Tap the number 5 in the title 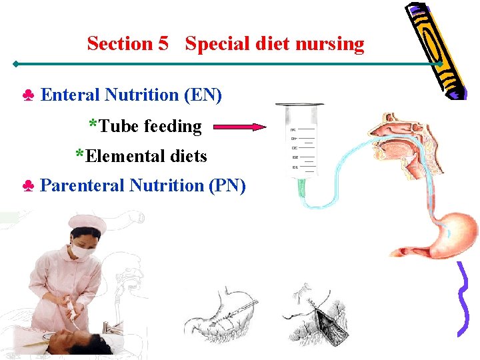(x=163, y=44)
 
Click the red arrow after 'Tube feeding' (x=241, y=127)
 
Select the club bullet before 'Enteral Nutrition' (x=29, y=96)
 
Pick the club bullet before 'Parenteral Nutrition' (x=29, y=186)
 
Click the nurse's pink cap (x=87, y=223)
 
